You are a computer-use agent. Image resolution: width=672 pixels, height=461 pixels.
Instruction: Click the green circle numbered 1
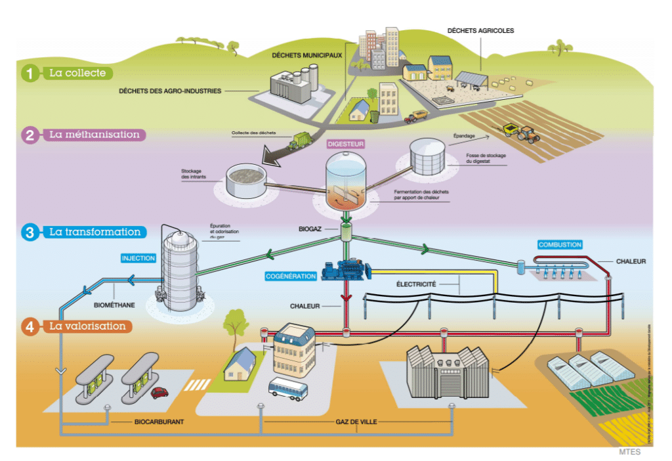[x=29, y=73]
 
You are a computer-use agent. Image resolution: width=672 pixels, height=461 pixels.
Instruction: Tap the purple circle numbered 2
[x=30, y=135]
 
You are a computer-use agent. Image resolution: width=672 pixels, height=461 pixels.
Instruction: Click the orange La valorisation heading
[x=87, y=326]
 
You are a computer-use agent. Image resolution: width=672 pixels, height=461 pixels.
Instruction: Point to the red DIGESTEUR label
[x=345, y=143]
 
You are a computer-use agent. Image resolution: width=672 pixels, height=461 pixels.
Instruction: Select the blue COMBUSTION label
[x=560, y=245]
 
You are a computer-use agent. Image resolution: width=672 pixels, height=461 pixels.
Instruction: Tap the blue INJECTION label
[x=138, y=258]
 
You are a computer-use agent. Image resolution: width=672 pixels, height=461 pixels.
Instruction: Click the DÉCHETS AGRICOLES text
[x=480, y=31]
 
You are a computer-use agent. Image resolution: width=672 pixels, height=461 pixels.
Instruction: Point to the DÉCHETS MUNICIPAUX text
[x=307, y=56]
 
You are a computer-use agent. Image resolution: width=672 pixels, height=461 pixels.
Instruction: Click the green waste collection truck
[x=302, y=140]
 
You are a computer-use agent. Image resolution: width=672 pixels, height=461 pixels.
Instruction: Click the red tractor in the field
[x=528, y=135]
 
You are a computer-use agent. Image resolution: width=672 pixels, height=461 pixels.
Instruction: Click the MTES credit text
[x=629, y=452]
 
